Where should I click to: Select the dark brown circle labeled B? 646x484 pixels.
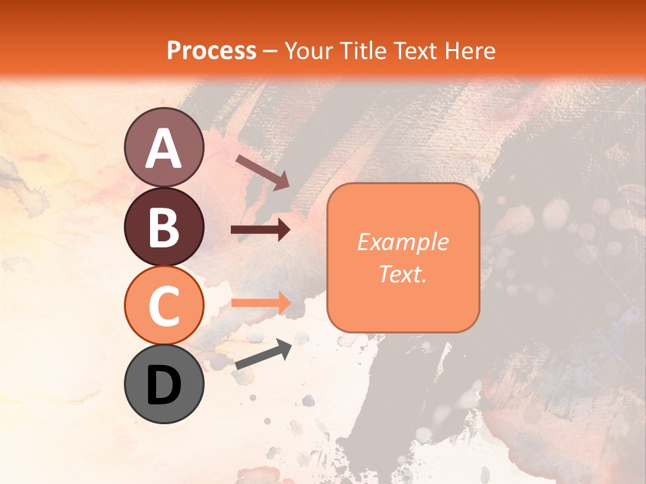point(164,227)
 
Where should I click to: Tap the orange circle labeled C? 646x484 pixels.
point(164,305)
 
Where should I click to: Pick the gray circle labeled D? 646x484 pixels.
point(164,384)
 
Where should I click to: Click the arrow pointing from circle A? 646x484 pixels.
point(262,171)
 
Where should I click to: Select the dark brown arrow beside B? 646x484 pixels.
point(260,230)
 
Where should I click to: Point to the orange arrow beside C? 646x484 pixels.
point(260,302)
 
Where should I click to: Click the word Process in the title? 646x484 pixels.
point(211,50)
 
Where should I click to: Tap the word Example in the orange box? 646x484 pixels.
point(402,242)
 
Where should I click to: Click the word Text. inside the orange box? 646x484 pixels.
point(402,274)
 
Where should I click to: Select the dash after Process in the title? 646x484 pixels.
point(270,51)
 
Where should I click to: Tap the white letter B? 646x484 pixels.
point(164,228)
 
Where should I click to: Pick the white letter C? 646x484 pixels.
point(164,307)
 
